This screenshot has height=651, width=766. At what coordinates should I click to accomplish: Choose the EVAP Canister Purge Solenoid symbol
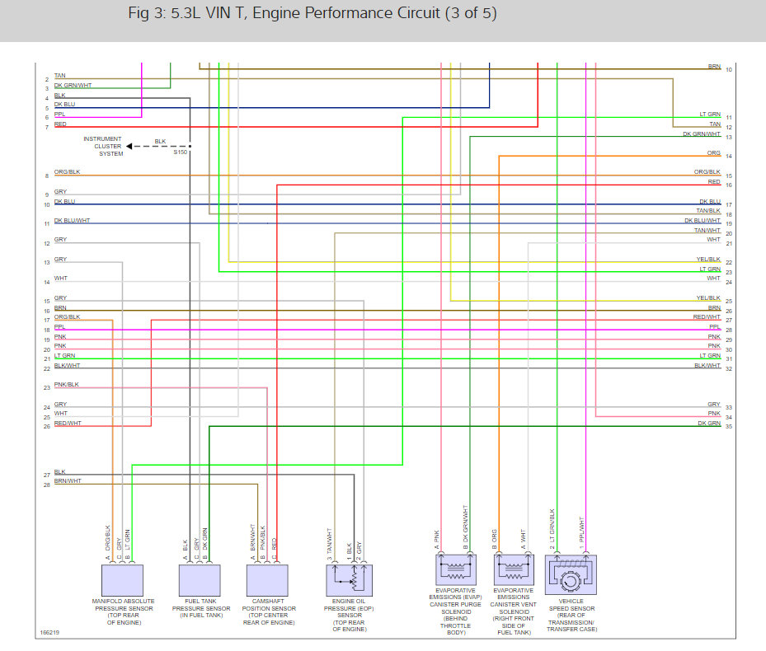(x=454, y=569)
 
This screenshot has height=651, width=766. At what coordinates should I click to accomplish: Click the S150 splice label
(x=181, y=153)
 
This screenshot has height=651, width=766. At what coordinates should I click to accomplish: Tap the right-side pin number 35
(x=729, y=427)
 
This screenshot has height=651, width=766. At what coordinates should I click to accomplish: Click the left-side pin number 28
(x=47, y=485)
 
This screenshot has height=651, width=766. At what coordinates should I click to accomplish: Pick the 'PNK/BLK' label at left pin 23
(x=67, y=385)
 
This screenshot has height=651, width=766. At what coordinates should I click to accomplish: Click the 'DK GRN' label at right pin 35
(x=709, y=424)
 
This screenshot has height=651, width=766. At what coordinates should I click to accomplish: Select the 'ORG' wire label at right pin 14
(x=714, y=153)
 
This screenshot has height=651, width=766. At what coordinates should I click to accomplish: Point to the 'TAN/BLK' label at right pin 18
(x=708, y=211)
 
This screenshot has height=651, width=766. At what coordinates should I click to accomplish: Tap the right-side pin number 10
(x=729, y=69)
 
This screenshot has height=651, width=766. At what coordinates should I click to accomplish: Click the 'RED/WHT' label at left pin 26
(x=68, y=424)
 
